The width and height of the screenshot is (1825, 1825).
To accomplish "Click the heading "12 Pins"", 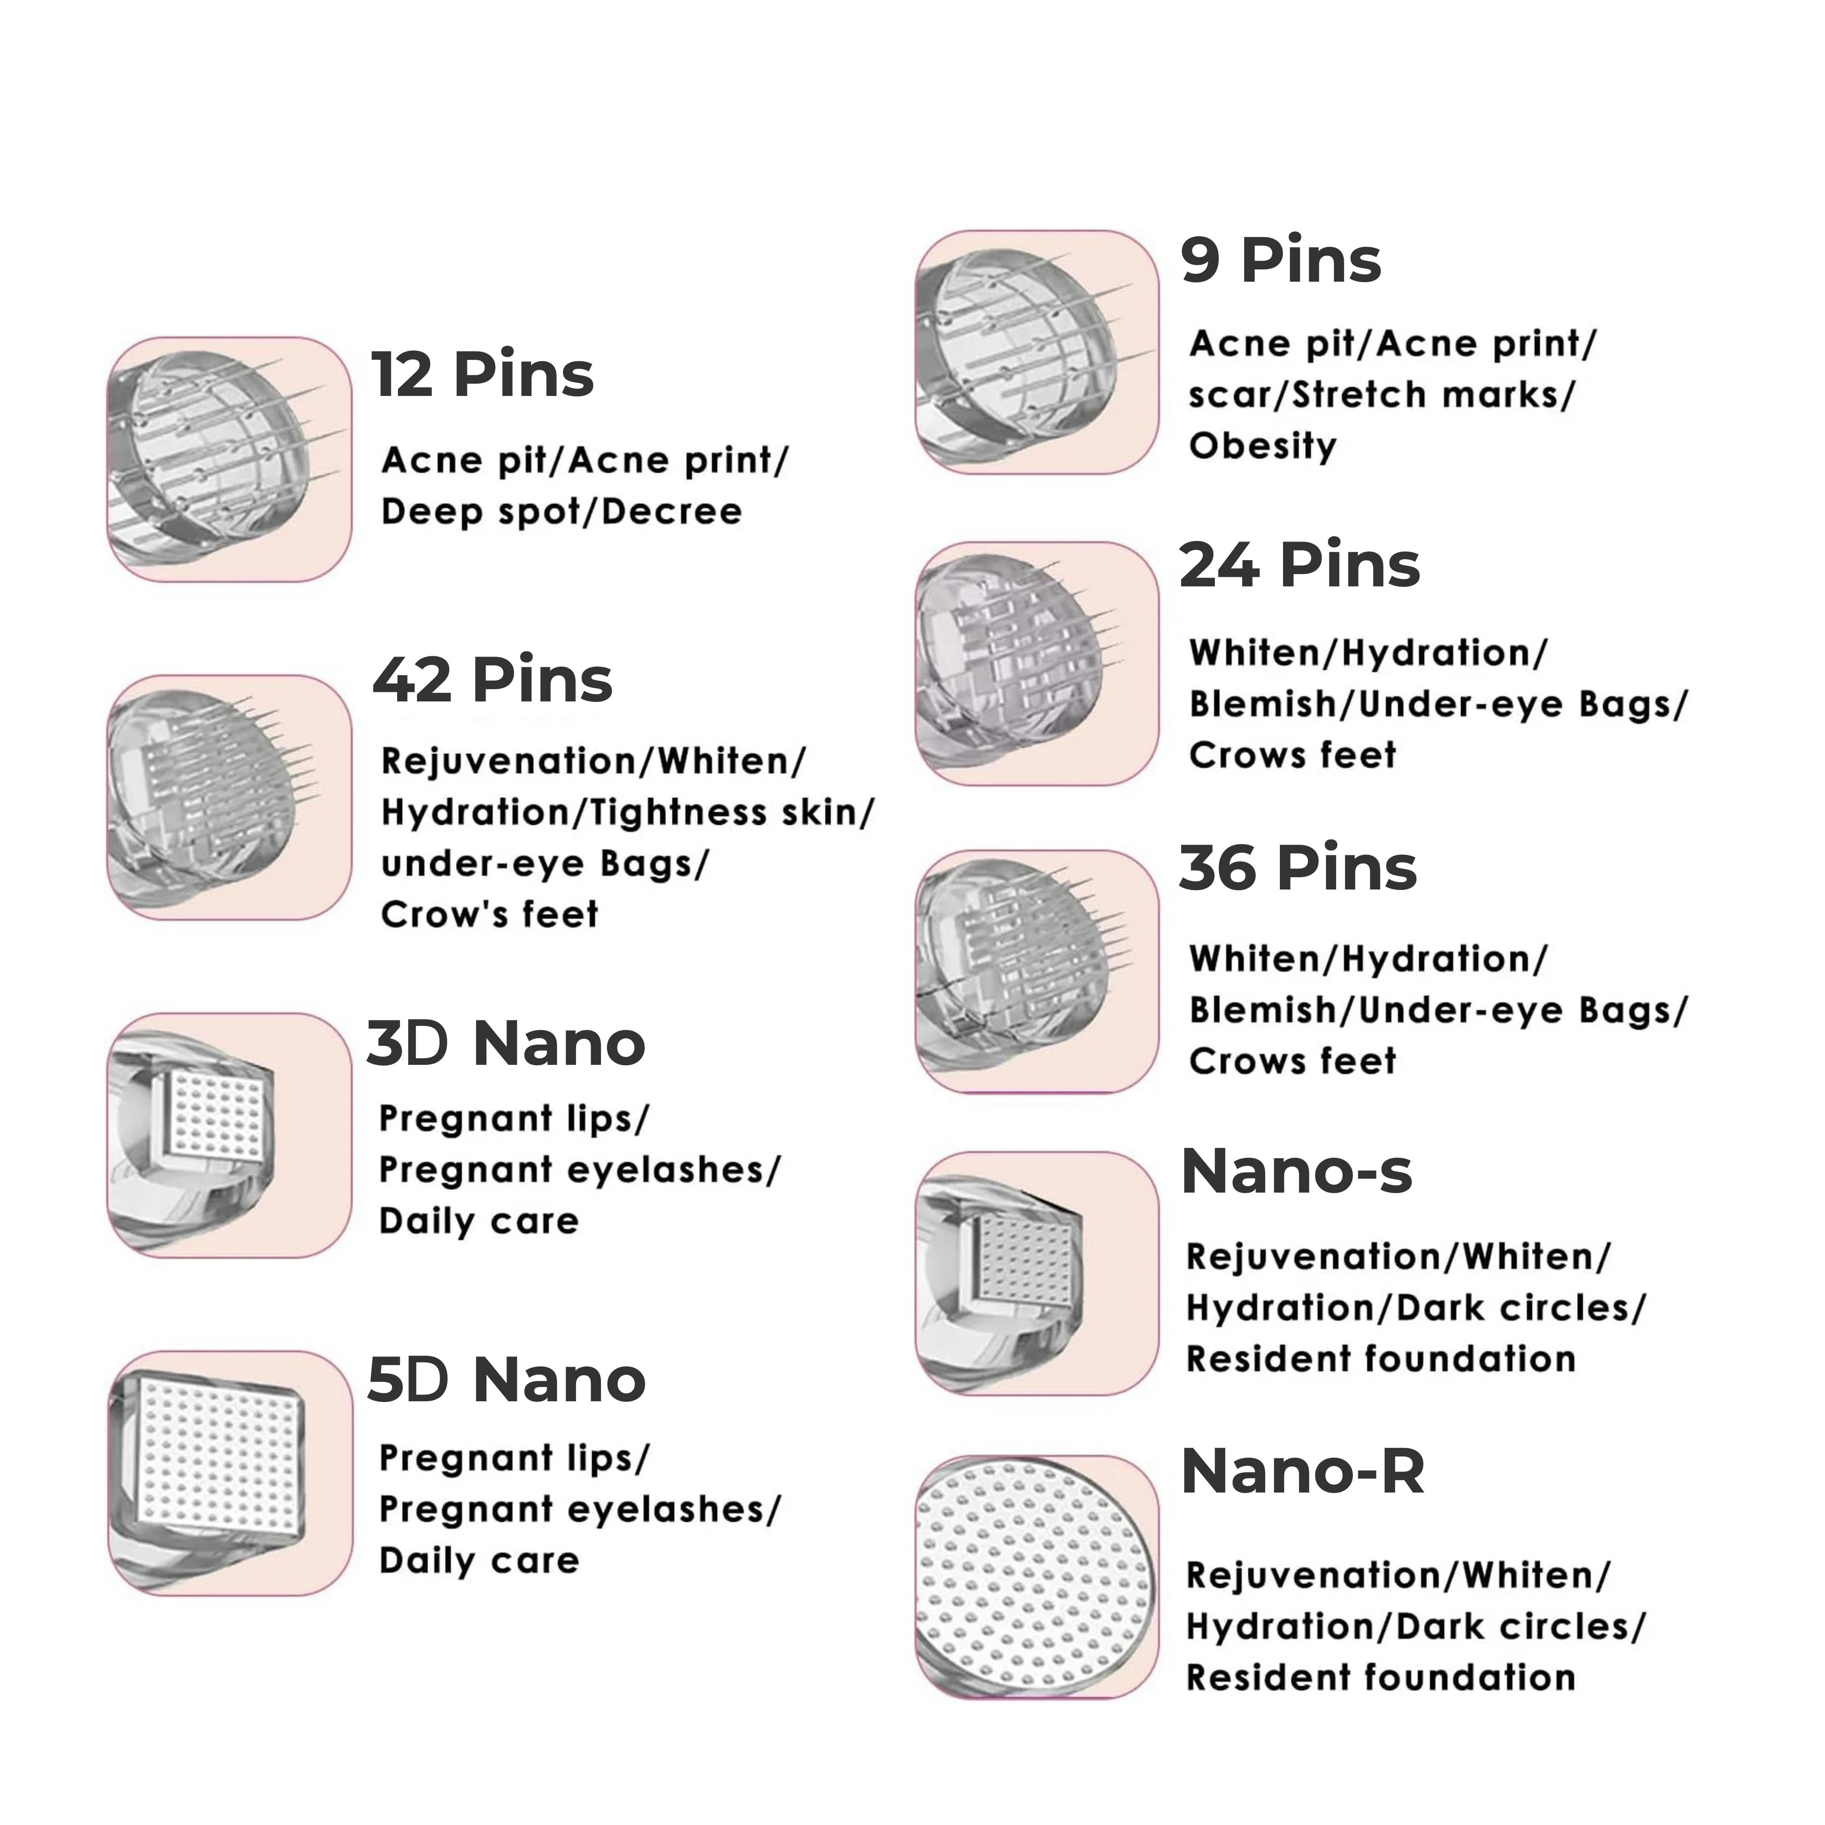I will (482, 375).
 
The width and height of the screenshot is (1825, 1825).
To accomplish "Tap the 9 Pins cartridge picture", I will (1036, 352).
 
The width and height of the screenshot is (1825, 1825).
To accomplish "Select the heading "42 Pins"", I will (492, 680).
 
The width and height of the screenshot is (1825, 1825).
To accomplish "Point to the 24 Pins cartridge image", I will (1036, 663).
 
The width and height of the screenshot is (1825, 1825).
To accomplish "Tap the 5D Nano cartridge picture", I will (230, 1473).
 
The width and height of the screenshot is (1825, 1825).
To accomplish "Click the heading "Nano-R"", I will (1302, 1472).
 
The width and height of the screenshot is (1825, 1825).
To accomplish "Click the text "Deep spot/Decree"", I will (561, 512).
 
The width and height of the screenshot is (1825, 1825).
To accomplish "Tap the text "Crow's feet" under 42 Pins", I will (489, 914).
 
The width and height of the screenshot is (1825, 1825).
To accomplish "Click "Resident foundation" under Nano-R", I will (1380, 1679).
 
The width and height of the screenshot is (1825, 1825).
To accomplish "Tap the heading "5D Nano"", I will (506, 1381).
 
